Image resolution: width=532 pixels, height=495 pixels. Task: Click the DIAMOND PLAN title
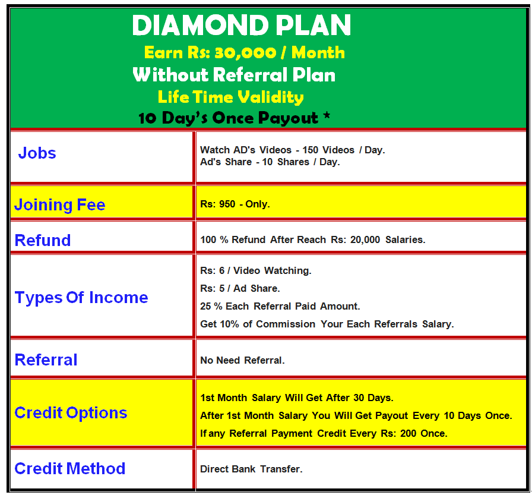point(241,25)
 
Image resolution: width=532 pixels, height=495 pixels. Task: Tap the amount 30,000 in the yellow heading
point(245,53)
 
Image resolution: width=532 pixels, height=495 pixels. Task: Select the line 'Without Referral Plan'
point(234,75)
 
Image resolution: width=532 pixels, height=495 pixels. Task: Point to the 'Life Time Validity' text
point(231,97)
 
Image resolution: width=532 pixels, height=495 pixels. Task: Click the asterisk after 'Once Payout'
point(327,115)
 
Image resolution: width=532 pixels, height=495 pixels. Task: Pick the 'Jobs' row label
point(37,153)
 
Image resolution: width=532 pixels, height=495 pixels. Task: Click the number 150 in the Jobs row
point(310,150)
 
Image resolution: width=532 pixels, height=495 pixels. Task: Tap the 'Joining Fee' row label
point(60,205)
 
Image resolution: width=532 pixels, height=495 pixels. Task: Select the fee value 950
point(227,204)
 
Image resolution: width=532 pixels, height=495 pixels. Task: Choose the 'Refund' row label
point(43,241)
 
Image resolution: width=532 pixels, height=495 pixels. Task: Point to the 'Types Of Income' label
point(81,297)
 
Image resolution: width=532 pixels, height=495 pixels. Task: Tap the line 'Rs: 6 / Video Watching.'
point(256,270)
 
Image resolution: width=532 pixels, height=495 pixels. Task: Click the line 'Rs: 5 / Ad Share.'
point(240,289)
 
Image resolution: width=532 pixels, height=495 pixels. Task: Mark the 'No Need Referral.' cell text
point(242,360)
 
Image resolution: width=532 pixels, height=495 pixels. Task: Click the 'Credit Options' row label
point(71,413)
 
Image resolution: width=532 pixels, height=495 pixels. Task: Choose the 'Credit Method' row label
point(70,469)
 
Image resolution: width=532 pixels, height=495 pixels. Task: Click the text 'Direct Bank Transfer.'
point(251,469)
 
